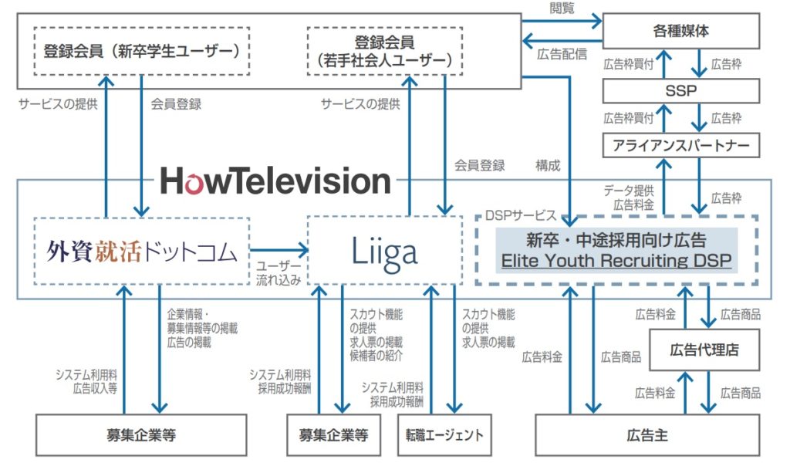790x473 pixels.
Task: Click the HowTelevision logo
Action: pos(275,181)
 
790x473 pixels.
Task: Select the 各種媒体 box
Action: pos(681,32)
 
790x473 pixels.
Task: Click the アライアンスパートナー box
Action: pos(681,144)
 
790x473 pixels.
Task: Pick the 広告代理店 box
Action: pos(704,350)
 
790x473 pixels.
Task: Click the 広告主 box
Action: pos(647,435)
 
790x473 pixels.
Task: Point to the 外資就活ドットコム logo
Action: pos(142,252)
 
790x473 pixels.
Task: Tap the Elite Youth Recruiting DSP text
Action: pos(616,260)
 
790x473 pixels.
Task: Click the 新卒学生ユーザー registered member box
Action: pos(142,52)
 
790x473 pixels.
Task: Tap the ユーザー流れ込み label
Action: pos(279,272)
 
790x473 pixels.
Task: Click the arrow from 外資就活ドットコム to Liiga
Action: pos(279,249)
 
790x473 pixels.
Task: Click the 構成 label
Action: pos(548,165)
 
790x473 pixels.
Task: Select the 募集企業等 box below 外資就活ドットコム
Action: pos(142,435)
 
